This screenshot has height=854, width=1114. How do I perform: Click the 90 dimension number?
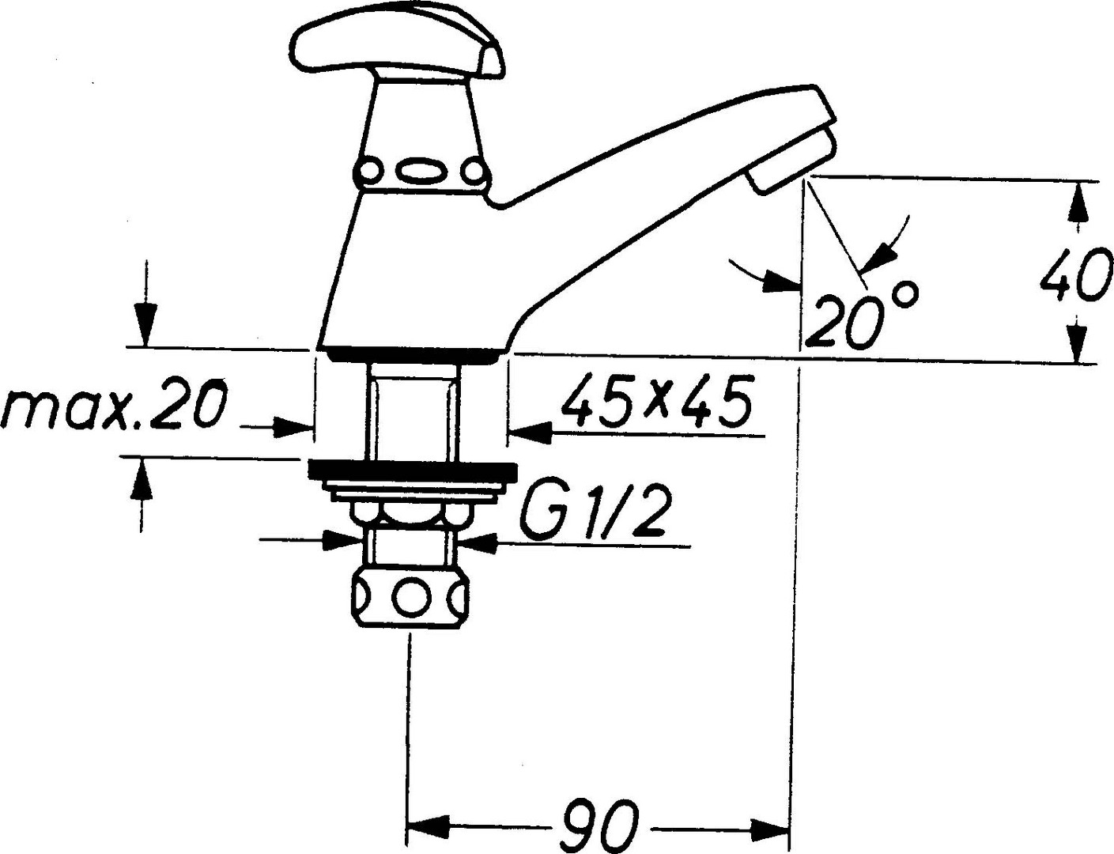pyautogui.click(x=598, y=826)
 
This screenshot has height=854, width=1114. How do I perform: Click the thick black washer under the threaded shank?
pyautogui.click(x=412, y=470)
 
